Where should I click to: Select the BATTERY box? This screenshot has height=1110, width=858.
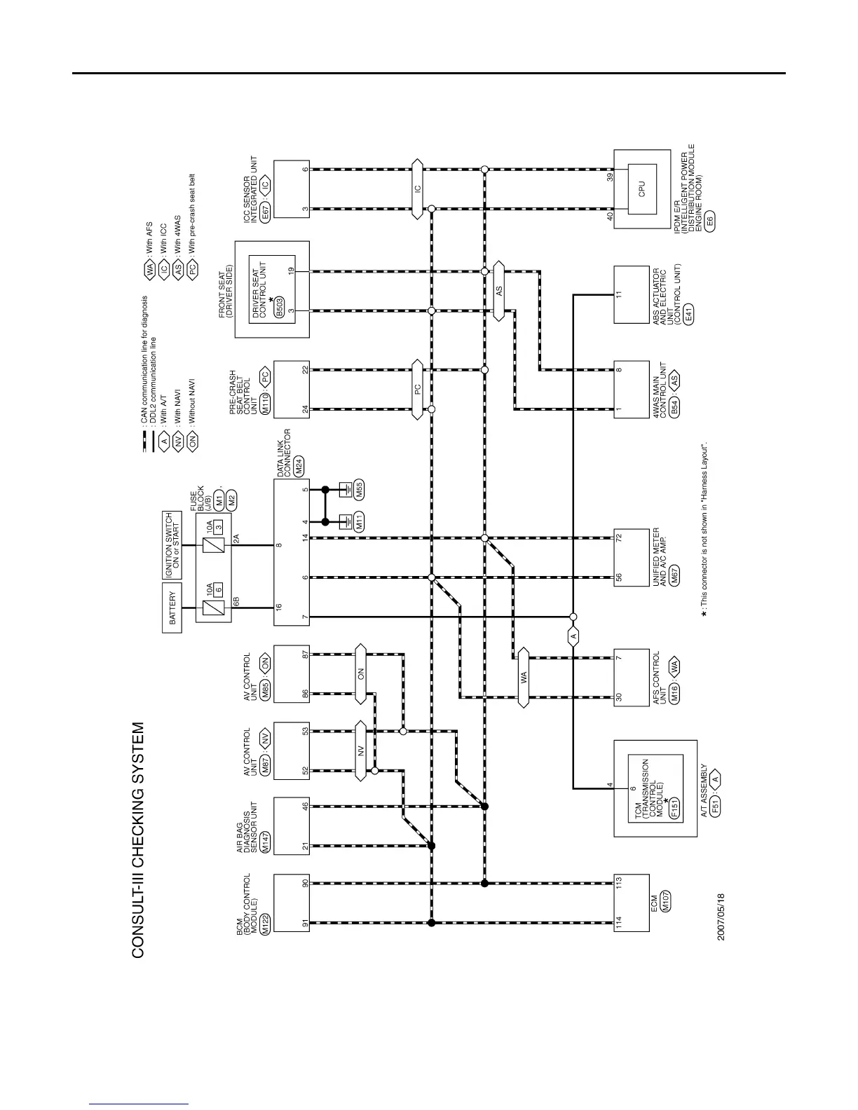172,609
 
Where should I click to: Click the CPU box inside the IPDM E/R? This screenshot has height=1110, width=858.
641,189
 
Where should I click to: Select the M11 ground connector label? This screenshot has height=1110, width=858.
359,521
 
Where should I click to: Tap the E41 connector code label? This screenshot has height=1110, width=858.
689,313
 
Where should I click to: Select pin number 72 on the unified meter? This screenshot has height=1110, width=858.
618,538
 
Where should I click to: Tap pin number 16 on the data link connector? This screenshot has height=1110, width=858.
279,608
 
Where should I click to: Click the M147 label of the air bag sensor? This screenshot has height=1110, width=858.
265,845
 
